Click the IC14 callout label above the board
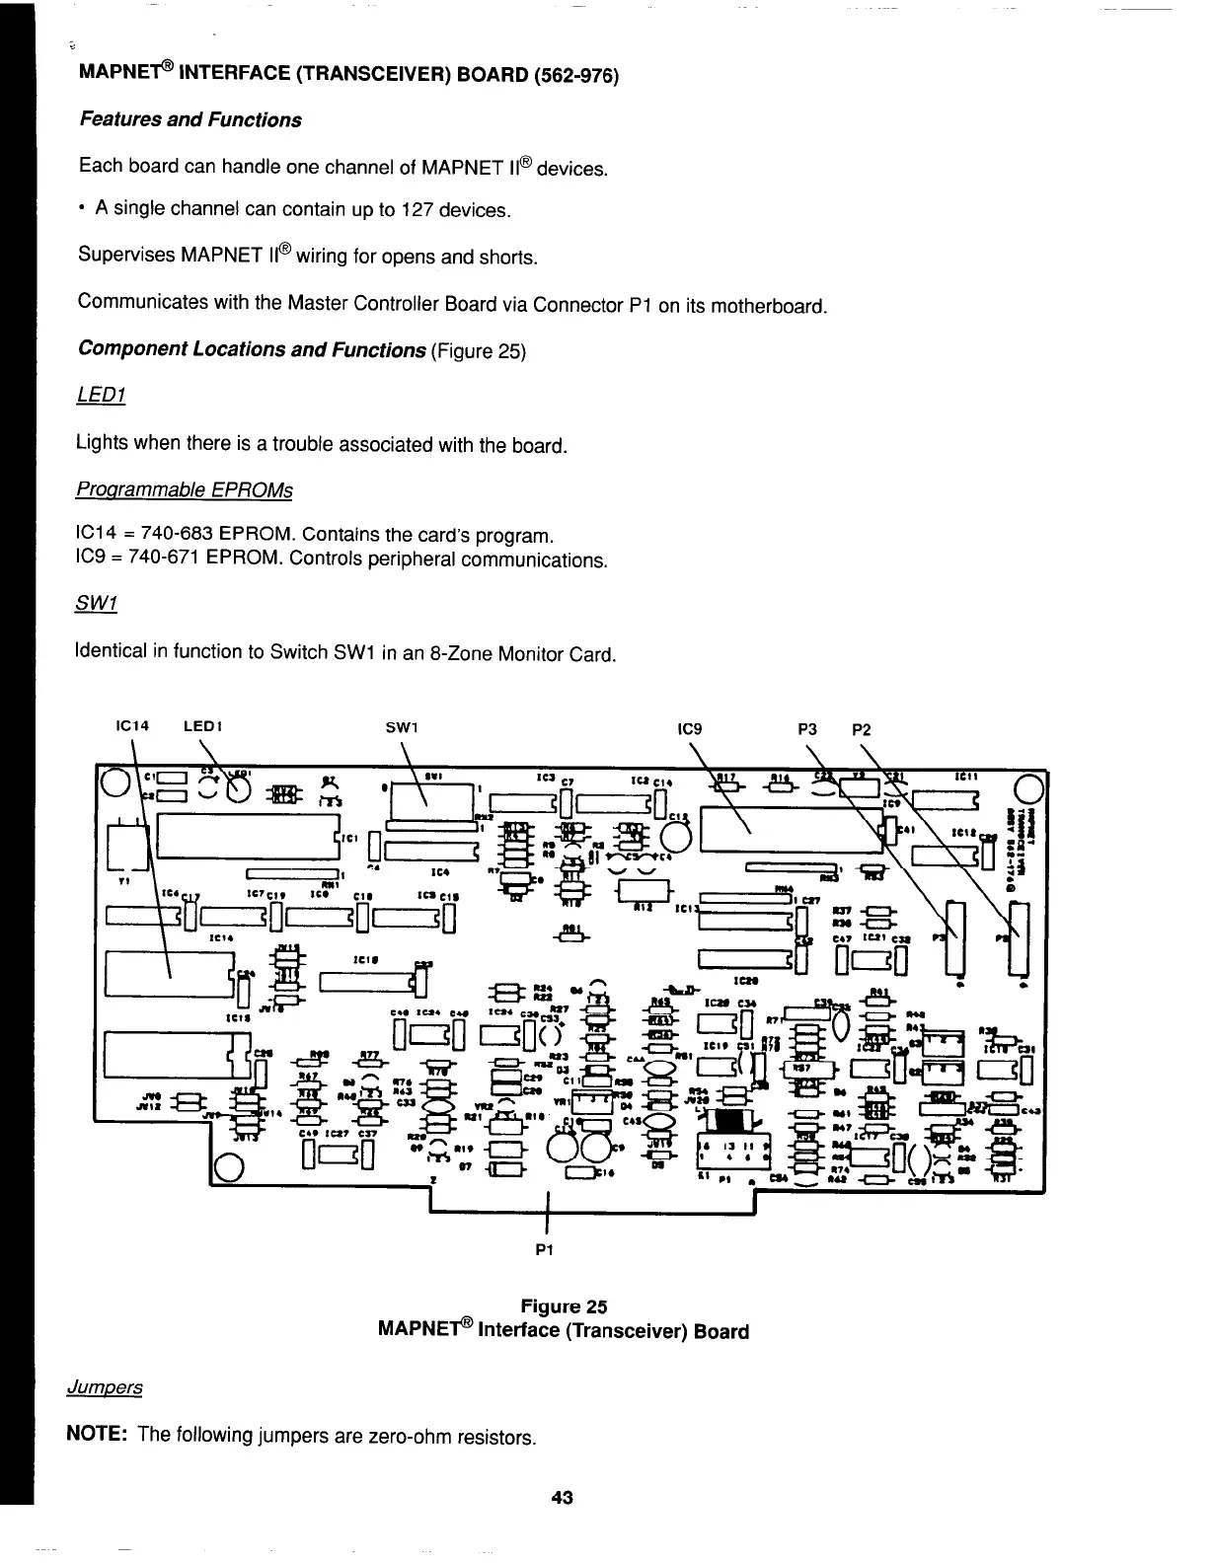(131, 728)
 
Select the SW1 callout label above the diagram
(400, 728)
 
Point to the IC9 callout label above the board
(688, 729)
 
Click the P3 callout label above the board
(806, 729)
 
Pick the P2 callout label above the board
(862, 729)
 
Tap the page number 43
(563, 1498)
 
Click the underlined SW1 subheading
(95, 603)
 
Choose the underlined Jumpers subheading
(105, 1387)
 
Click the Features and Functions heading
(190, 120)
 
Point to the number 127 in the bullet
(416, 210)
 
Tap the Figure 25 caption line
(564, 1307)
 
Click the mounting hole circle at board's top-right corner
(1027, 790)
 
